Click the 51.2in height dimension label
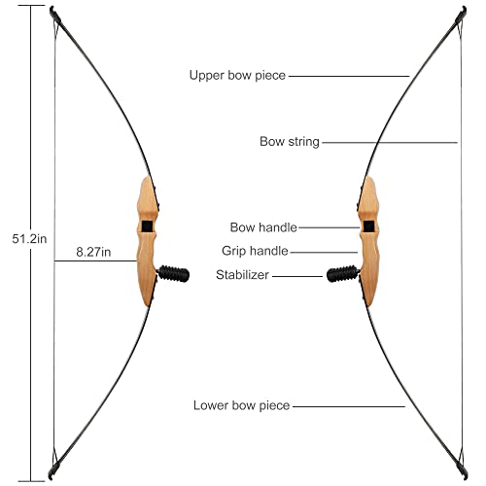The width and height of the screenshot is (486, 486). pos(29,239)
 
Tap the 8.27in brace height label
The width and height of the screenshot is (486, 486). pos(93,252)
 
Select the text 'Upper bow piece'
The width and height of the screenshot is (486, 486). pos(237,75)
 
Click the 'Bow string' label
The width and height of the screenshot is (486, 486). pos(290,142)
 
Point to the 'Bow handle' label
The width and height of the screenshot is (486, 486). pos(263,227)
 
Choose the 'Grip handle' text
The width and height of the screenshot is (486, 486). pos(255,251)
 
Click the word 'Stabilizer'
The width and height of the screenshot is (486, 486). pos(242,275)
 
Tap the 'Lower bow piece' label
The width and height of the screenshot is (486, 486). pos(241,405)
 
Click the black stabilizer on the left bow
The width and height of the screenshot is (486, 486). pos(173,274)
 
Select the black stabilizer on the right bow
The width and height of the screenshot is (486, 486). pos(343,274)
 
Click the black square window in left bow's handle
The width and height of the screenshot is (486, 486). pos(147,226)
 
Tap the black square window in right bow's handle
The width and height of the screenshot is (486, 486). pos(368,226)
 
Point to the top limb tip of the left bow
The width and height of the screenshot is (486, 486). pos(52,9)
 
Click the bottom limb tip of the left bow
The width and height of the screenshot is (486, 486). pos(51,477)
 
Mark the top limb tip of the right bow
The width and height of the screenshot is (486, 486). pos(465,9)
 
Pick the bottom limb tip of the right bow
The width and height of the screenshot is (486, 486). pos(466,477)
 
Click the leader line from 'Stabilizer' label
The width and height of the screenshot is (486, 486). pos(297,276)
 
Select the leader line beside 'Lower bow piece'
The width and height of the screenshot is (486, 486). pos(349,406)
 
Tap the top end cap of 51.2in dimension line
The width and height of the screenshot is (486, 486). pos(31,6)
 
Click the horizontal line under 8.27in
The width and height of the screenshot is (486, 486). pos(95,260)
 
